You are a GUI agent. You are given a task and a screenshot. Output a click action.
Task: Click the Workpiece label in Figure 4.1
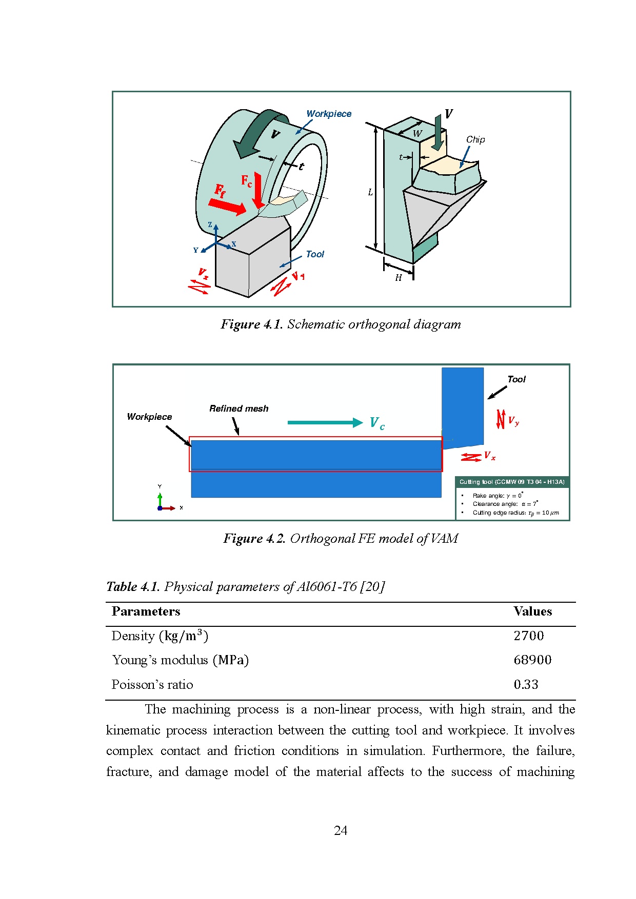[x=329, y=114]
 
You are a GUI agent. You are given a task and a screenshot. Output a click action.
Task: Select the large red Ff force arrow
[x=227, y=207]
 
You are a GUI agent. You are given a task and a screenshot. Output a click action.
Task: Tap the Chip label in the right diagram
[x=475, y=139]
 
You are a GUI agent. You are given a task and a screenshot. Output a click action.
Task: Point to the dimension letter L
[x=370, y=193]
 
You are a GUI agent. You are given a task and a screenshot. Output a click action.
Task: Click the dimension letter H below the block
[x=399, y=278]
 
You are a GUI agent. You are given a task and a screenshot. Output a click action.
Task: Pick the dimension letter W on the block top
[x=417, y=134]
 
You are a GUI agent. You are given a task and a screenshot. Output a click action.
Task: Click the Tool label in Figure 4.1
[x=315, y=254]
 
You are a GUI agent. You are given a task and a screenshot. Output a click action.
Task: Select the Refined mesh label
[x=239, y=408]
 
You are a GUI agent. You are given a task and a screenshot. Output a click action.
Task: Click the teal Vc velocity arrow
[x=325, y=422]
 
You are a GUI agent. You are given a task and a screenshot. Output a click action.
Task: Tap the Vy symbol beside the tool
[x=513, y=421]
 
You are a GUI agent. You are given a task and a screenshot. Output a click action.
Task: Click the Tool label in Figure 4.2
[x=516, y=379]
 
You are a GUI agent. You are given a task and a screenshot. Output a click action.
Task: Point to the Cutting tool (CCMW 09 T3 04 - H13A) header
[x=512, y=482]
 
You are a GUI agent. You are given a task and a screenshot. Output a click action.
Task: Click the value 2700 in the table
[x=529, y=636]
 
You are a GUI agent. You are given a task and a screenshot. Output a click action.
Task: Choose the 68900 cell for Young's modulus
[x=532, y=660]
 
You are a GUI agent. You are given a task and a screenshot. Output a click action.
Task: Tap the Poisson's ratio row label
[x=152, y=684]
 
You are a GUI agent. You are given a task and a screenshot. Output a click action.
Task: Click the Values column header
[x=532, y=611]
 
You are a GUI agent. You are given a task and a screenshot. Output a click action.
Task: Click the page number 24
[x=341, y=830]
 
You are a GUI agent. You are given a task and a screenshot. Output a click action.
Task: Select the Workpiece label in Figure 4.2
[x=149, y=417]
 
